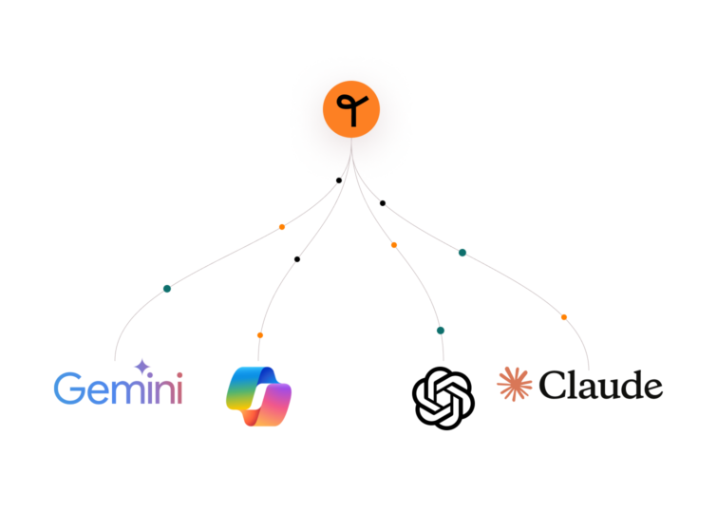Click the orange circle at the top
point(351,109)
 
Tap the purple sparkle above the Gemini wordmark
point(142,367)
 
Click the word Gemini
point(119,388)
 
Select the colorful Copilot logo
point(259,396)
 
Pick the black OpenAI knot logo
point(443,398)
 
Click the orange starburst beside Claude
point(515,385)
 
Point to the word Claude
point(601,385)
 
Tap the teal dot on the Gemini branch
point(167,289)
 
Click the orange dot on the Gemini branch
point(282,227)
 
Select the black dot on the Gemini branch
point(339,180)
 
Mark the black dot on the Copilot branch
point(297,259)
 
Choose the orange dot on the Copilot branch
point(260,335)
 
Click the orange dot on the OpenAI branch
point(394,245)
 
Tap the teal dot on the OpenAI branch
point(441,331)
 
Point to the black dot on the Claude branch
point(383,203)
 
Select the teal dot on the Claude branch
point(462,253)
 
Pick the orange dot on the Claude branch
point(564,317)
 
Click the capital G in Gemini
point(68,389)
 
